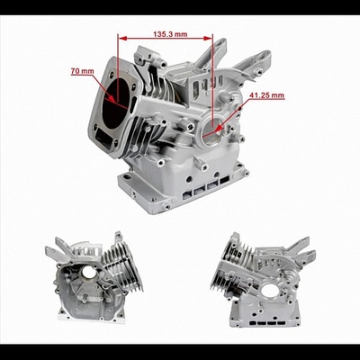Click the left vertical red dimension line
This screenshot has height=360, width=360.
(x=118, y=63)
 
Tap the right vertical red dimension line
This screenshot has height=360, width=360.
(x=213, y=81)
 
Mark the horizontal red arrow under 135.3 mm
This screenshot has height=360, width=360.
(x=166, y=39)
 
